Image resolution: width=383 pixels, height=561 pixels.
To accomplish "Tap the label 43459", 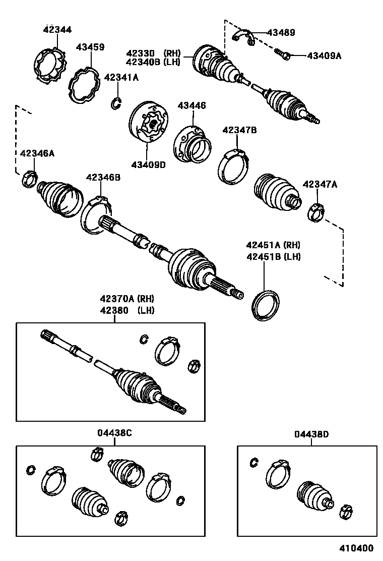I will [x=90, y=47].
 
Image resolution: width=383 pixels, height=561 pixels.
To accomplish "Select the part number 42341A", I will [x=121, y=78].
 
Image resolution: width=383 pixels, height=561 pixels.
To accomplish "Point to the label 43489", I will [x=281, y=33].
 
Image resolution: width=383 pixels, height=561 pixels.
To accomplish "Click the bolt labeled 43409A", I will [x=282, y=53].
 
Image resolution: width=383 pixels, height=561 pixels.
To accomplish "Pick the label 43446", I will [x=191, y=106].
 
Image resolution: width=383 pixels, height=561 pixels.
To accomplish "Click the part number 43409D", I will [x=148, y=164].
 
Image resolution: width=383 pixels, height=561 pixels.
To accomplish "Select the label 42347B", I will [x=239, y=130].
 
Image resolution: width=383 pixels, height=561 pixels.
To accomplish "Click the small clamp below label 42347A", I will [x=316, y=211].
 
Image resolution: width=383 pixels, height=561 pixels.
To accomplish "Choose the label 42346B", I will [x=103, y=178].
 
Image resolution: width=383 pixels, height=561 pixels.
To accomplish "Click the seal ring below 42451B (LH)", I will [x=266, y=304].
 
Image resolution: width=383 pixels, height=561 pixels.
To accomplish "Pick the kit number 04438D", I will [x=311, y=434].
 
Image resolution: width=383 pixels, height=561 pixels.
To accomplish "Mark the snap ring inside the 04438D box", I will [x=254, y=462].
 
